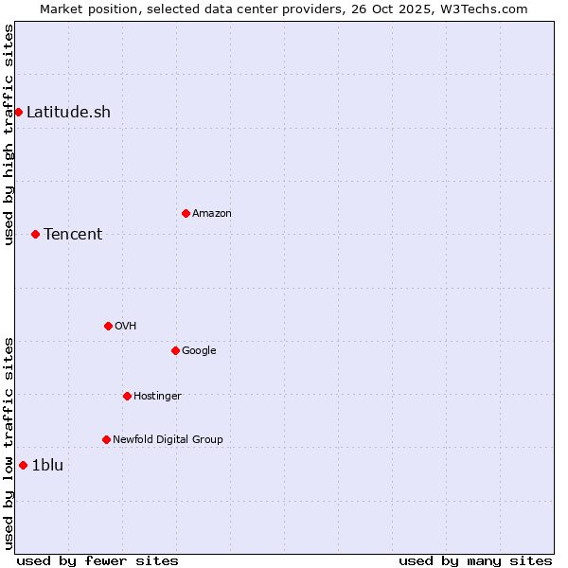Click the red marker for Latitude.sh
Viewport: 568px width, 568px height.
pos(18,112)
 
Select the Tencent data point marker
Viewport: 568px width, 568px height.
pos(35,234)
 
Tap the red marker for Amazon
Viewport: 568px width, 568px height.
pos(186,213)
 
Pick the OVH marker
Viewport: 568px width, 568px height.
pos(108,326)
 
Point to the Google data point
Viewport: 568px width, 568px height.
pos(175,350)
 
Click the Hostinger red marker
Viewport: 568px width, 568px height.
pos(127,396)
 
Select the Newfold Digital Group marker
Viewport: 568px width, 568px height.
pos(106,439)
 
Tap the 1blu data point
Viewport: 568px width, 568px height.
pos(23,465)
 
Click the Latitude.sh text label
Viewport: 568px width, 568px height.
pos(68,112)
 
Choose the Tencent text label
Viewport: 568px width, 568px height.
pos(73,234)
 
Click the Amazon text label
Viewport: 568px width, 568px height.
pos(212,213)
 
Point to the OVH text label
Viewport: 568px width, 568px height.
pos(126,326)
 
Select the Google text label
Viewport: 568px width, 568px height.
pos(199,350)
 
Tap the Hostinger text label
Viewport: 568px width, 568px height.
pos(157,396)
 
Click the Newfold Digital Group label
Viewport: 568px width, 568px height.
pos(168,439)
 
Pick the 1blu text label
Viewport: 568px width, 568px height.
pos(47,465)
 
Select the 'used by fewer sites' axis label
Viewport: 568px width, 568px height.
pos(98,560)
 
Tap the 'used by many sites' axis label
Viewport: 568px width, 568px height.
pos(475,560)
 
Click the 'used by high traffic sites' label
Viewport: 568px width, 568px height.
pos(9,134)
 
